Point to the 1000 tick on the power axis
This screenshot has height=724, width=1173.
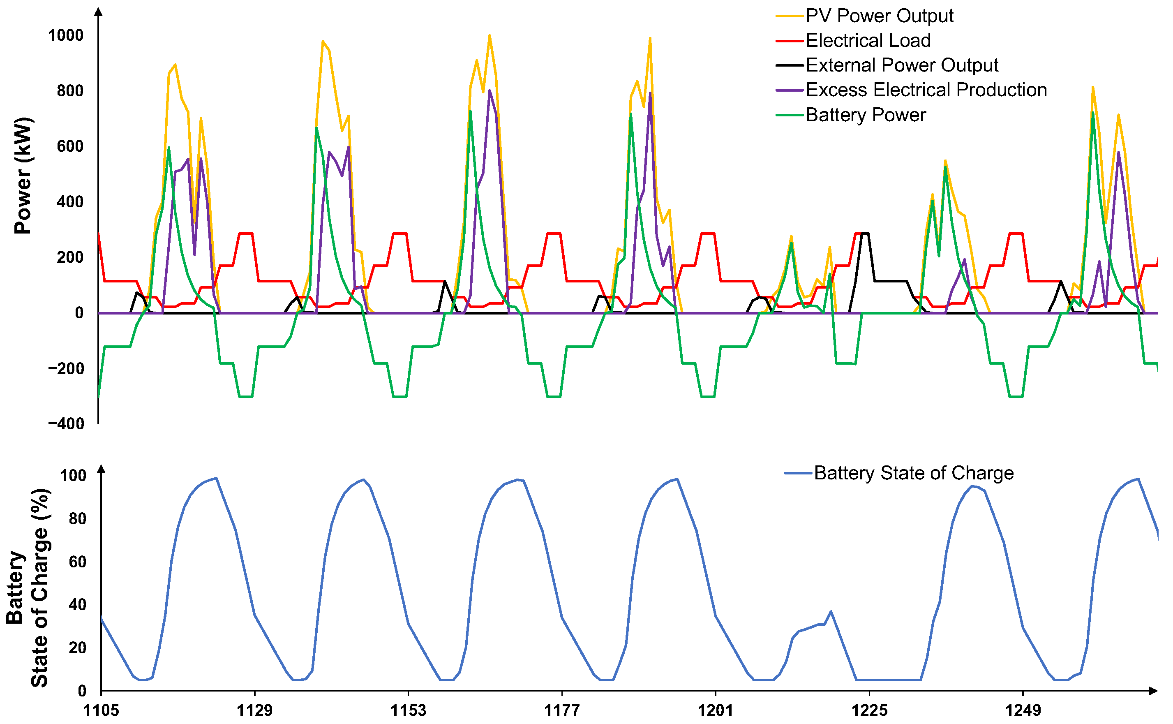[x=66, y=35]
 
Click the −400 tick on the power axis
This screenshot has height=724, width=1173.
[x=66, y=424]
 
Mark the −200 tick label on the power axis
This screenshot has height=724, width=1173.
[x=66, y=369]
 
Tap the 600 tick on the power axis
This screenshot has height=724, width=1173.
[x=70, y=146]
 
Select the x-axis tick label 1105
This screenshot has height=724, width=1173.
[x=101, y=710]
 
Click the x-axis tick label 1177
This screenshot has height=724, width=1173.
[x=562, y=710]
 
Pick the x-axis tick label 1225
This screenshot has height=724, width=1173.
[x=869, y=710]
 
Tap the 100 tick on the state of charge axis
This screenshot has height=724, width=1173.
[x=73, y=476]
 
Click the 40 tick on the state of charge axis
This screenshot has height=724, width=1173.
[x=78, y=605]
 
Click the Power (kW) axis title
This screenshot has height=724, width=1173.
[x=22, y=175]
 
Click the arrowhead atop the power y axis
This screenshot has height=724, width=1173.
[x=99, y=12]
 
